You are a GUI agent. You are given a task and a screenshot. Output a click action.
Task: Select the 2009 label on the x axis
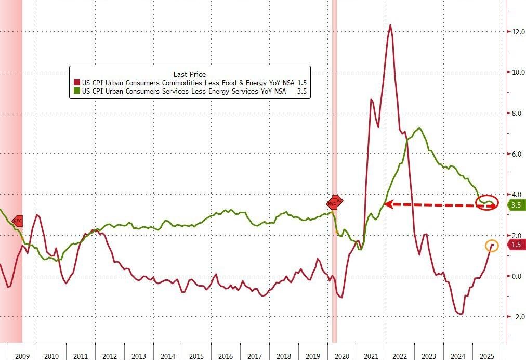pos(22,356)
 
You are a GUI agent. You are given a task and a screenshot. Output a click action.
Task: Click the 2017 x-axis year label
pos(254,356)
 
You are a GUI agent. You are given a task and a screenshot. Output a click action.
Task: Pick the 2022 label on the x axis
pos(399,356)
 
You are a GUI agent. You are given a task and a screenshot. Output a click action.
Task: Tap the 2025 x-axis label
pos(486,356)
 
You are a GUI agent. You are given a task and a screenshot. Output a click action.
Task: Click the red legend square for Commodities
pos(77,83)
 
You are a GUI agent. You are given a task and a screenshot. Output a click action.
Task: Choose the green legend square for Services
pos(77,91)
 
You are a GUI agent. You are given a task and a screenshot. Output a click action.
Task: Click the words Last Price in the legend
pos(189,74)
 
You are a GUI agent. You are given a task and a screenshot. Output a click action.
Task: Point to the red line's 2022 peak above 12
pos(390,25)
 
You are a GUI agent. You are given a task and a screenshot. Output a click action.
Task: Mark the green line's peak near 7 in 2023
pos(419,128)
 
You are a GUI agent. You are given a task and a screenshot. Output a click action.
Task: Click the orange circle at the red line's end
pos(492,245)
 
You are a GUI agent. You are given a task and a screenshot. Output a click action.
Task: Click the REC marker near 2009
pos(17,221)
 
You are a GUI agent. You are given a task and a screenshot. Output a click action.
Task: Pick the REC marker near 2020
pos(335,202)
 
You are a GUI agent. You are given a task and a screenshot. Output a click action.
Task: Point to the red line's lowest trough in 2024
pos(460,314)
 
